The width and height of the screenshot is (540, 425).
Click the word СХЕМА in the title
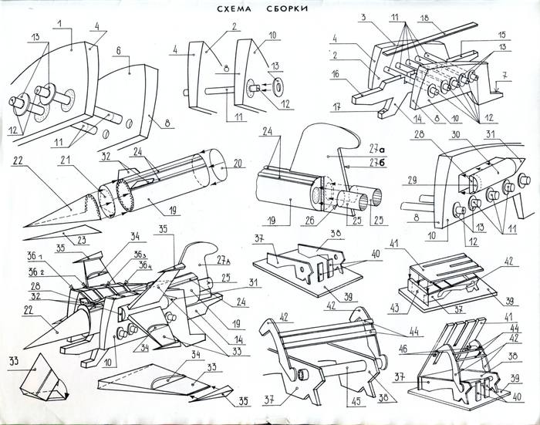(x=230, y=8)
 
